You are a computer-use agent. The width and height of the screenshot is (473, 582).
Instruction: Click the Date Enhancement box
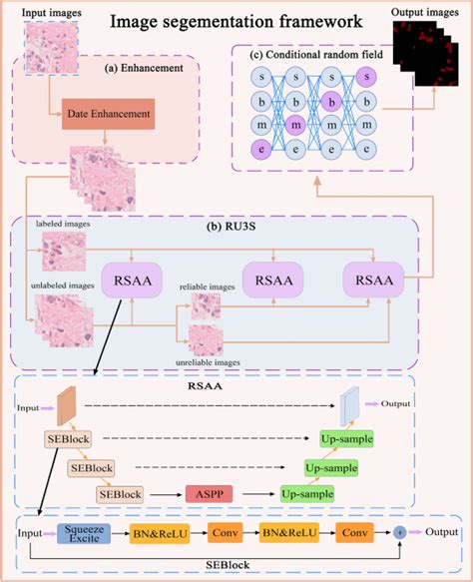tap(109, 114)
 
